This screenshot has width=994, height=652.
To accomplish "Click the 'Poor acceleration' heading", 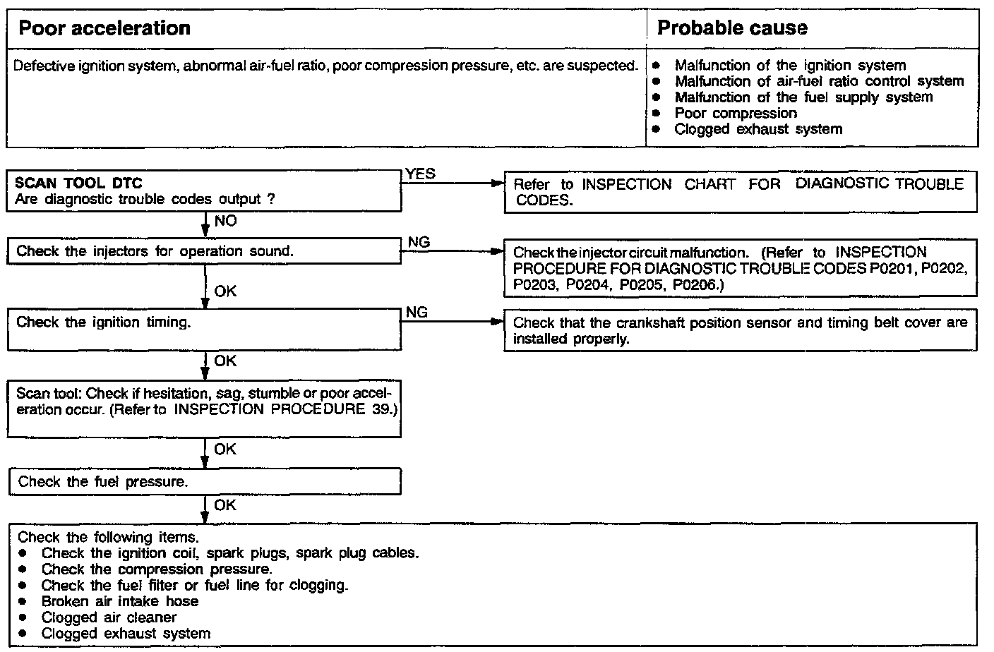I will pos(104,28).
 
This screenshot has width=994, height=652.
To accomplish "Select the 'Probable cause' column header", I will pos(732,28).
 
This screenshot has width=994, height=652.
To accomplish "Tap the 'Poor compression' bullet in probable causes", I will pos(736,114).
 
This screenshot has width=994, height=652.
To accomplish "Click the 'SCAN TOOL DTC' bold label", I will pos(78,183).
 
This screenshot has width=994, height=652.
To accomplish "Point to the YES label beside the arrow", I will pos(421,174).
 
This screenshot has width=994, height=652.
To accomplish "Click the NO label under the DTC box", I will pos(225,221).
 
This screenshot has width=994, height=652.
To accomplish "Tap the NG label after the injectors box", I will pos(419,242).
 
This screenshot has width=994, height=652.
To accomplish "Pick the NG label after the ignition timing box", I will pos(417,312).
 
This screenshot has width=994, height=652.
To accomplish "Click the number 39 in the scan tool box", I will pos(381,409).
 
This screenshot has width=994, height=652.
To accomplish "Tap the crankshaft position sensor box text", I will pos(740,330).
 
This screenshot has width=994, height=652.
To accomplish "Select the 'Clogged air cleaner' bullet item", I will pos(109,617).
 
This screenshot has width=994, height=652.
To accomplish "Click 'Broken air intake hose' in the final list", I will pos(120,601).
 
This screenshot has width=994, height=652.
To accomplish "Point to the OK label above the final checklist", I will pos(225,505).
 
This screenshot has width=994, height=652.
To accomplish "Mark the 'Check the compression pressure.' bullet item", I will pos(157,569).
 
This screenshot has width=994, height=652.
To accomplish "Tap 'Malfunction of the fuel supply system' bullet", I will pos(803,97).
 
